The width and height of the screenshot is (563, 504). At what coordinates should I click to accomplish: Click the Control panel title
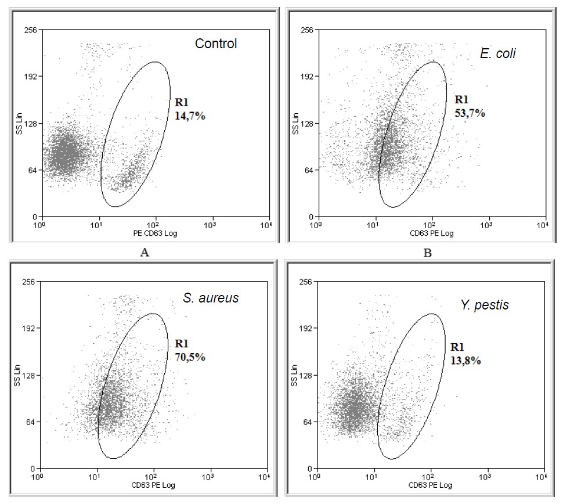point(216,44)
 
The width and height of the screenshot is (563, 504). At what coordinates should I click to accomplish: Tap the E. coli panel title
point(498,54)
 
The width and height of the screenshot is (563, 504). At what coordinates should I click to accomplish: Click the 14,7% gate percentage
point(190,116)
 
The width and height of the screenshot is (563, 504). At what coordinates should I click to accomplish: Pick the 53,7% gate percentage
point(470,113)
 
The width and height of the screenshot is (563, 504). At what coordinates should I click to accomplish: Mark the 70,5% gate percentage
point(190,357)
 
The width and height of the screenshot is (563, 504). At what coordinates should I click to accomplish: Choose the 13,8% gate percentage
point(466,361)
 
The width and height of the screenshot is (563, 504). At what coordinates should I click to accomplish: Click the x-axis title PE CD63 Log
point(154,233)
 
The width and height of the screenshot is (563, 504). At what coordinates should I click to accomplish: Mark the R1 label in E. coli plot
point(463,99)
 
